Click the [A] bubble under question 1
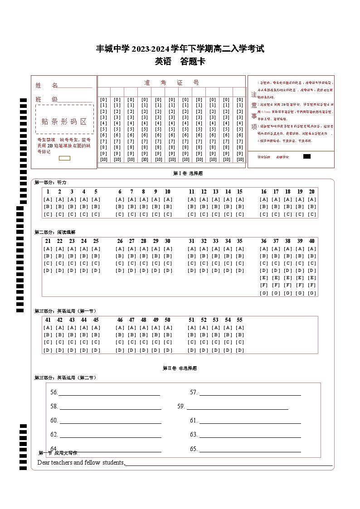pos(48,199)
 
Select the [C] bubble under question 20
pos(312,214)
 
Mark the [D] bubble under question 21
pos(48,271)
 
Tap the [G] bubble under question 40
pos(312,293)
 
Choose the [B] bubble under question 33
pos(216,256)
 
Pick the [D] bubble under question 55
pos(240,350)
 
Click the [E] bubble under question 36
pos(264,278)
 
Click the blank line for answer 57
pos(250,393)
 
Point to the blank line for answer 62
pos(110,435)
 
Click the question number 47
pos(131,320)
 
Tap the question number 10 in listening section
pos(167,192)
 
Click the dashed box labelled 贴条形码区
pos(64,121)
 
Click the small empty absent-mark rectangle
pos(65,158)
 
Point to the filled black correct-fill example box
pos(306,156)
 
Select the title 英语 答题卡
pos(180,62)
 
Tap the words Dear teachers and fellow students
pos(81,462)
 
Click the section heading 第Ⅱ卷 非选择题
pos(180,368)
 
